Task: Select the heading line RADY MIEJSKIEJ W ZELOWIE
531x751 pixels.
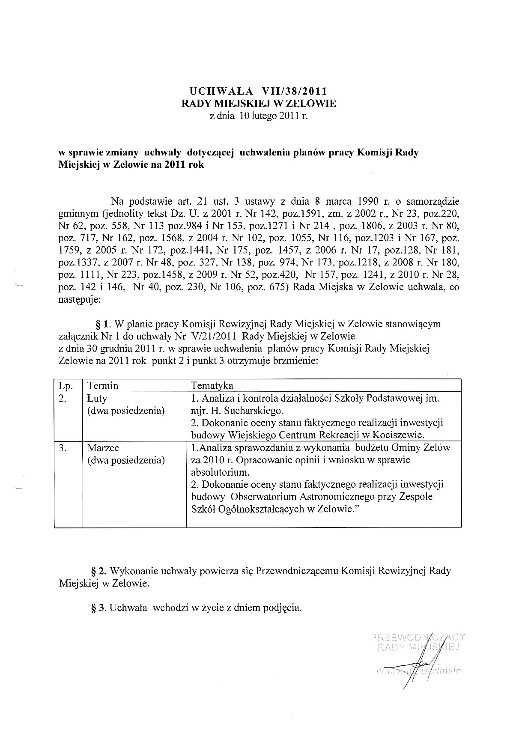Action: tap(259, 103)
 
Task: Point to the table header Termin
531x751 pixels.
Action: tap(103, 385)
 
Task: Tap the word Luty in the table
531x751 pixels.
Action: tap(97, 398)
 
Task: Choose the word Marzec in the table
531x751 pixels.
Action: tap(103, 448)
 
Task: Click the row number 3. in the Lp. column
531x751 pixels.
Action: tap(63, 448)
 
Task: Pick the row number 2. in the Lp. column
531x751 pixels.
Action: tap(63, 398)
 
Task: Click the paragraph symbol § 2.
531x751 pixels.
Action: tap(99, 571)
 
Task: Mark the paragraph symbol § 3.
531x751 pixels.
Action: tap(99, 608)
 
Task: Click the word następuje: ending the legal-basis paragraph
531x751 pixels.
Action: tap(79, 300)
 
